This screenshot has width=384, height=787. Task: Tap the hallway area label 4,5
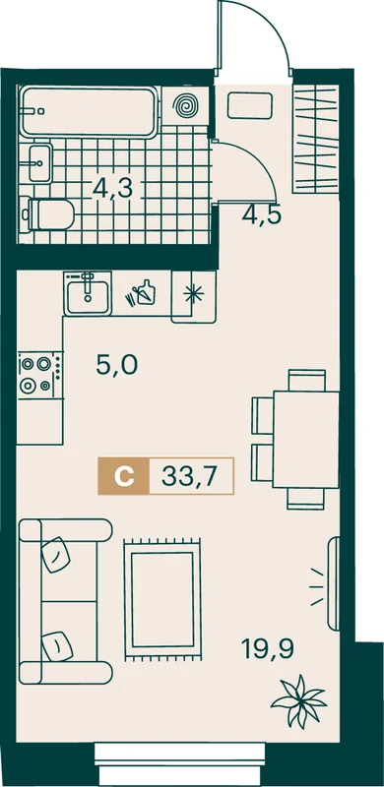(x=261, y=215)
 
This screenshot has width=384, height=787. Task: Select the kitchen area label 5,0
(x=116, y=365)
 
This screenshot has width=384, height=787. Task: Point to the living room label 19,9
(x=268, y=649)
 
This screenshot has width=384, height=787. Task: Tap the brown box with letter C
(x=124, y=476)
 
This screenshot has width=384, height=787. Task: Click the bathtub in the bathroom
(x=90, y=111)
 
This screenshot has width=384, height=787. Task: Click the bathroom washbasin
(x=39, y=162)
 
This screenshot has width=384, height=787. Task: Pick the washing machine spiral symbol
(x=185, y=106)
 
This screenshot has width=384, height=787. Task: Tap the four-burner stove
(x=39, y=376)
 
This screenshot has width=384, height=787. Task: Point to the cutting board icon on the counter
(x=142, y=292)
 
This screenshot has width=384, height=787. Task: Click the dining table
(x=305, y=440)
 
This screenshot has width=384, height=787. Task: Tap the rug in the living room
(x=162, y=599)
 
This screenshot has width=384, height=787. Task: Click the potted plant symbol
(x=298, y=700)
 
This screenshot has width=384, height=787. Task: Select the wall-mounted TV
(x=334, y=583)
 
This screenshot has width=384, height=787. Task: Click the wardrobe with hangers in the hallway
(x=316, y=137)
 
